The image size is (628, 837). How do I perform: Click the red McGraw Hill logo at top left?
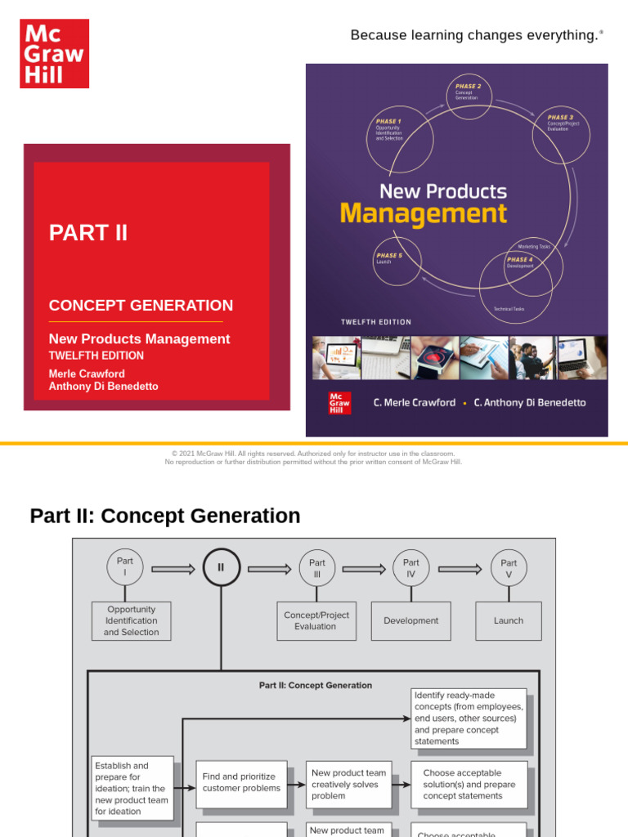tap(54, 53)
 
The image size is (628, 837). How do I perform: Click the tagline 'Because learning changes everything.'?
tap(476, 35)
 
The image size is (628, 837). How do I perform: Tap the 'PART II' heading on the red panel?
tap(88, 233)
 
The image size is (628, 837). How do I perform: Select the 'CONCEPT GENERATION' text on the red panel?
tap(141, 306)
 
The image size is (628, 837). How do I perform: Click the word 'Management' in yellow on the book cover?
tap(423, 214)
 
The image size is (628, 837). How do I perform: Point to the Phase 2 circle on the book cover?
tap(469, 96)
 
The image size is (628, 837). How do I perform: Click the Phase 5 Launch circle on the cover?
tap(397, 261)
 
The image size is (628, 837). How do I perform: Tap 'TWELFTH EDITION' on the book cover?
tap(376, 322)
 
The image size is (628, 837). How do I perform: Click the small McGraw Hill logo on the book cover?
tap(339, 402)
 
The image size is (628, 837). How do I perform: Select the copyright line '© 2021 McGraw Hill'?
tap(313, 454)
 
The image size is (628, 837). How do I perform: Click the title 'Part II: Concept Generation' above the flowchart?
tap(165, 516)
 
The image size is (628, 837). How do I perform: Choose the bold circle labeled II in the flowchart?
tap(221, 567)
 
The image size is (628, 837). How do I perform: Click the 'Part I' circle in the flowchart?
tap(125, 567)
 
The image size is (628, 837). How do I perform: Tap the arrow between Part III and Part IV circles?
tap(364, 569)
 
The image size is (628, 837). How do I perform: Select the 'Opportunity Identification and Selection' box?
tap(131, 620)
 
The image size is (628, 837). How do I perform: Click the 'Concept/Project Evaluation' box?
tap(316, 620)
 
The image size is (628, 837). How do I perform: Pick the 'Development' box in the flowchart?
tap(410, 620)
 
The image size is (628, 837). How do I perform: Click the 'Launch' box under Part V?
tap(508, 620)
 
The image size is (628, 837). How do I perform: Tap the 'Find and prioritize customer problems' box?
tap(241, 783)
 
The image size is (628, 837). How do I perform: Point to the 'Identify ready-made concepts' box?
tap(469, 718)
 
